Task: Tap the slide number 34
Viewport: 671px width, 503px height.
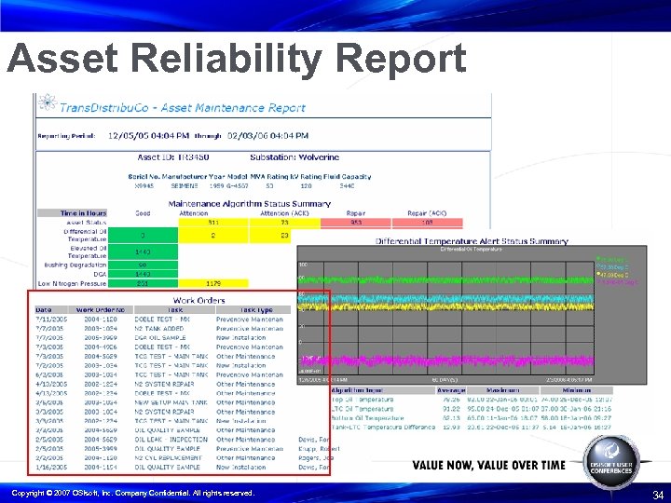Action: (x=658, y=495)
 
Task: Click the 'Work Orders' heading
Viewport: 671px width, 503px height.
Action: (x=199, y=300)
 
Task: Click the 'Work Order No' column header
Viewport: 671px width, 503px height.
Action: (x=100, y=309)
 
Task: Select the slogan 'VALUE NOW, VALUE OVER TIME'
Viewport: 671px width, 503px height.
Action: (x=488, y=465)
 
